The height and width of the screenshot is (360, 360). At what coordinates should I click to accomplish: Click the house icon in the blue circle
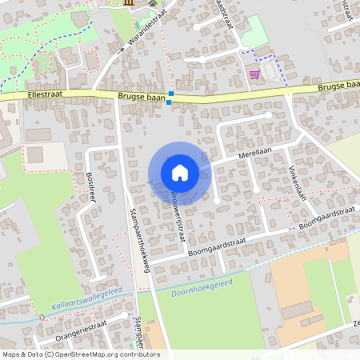(x=180, y=173)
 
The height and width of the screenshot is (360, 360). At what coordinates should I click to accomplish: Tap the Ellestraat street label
(x=44, y=94)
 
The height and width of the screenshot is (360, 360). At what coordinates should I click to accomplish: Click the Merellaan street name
(x=254, y=150)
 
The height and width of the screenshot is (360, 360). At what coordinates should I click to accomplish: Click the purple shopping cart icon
(x=254, y=74)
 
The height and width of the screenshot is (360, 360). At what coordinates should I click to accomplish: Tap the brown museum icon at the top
(x=130, y=3)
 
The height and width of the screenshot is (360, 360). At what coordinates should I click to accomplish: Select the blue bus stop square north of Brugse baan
(x=171, y=94)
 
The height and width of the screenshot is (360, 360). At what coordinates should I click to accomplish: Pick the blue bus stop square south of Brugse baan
(x=168, y=102)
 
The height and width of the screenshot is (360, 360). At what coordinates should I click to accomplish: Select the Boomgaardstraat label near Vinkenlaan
(x=325, y=215)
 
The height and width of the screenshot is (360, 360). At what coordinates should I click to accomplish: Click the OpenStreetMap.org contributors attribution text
(x=108, y=354)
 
